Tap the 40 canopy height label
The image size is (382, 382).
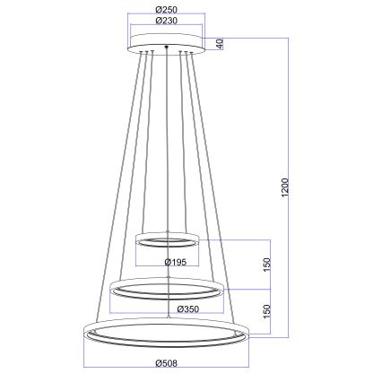coord(220,43)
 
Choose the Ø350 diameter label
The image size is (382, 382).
coord(187,310)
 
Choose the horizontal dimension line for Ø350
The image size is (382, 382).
coord(135,315)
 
